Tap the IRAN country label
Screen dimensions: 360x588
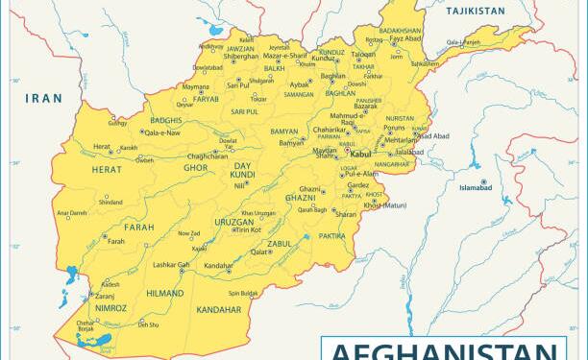tap(43, 98)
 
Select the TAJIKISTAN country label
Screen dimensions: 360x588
tap(475, 11)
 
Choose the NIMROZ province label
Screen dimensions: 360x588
tap(96, 309)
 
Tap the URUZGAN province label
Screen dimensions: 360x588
tap(233, 221)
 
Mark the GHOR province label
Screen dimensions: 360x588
tap(196, 168)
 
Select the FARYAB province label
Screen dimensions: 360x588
tap(206, 98)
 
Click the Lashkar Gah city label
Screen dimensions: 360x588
tap(171, 264)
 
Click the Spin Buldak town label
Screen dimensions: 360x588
tap(242, 293)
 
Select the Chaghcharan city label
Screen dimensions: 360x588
tap(208, 156)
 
